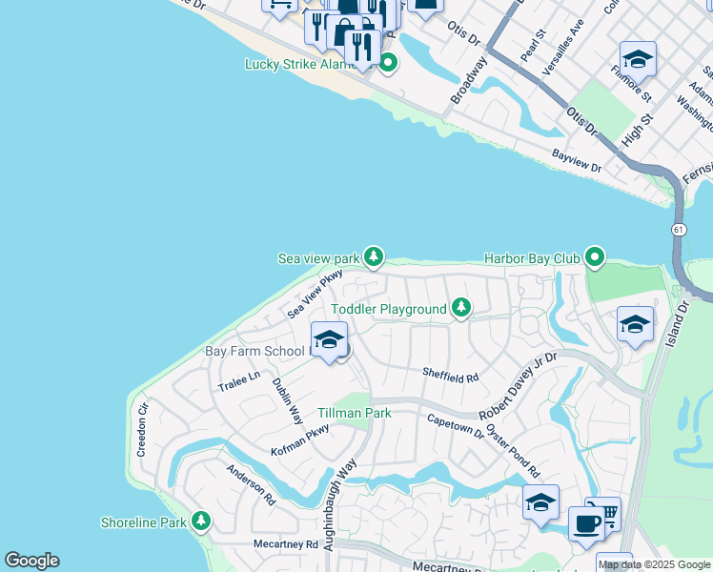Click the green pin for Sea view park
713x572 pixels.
374,257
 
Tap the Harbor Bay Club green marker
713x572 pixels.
596,257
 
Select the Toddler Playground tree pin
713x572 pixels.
461,308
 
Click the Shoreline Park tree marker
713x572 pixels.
200,521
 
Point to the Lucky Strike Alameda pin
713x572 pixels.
388,64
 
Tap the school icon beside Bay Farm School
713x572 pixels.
330,340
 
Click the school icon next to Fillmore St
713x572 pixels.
637,59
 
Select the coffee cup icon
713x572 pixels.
585,523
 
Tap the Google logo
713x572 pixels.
31,561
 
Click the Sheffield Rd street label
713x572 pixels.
451,378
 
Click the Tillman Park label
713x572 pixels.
355,414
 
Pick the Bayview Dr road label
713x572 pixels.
577,161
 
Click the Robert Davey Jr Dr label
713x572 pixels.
518,381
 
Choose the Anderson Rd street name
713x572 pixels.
251,484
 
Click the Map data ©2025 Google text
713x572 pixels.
654,564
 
